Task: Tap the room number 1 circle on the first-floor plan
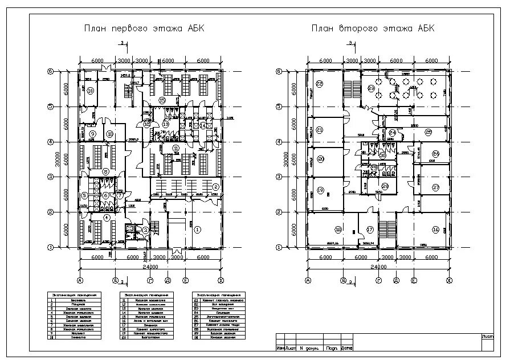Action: tap(198, 230)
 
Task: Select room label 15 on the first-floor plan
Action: tap(162, 100)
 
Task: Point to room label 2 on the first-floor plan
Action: tap(215, 187)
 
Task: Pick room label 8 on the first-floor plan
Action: tap(105, 171)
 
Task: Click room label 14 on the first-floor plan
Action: tap(203, 125)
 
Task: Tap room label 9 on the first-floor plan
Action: tap(92, 134)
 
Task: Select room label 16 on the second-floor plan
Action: tap(436, 230)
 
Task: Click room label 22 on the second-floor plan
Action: tap(320, 84)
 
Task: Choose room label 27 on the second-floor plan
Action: tap(436, 187)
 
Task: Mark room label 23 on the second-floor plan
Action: tap(371, 88)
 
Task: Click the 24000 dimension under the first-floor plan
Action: tap(150, 267)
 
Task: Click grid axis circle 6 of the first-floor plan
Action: tap(50, 71)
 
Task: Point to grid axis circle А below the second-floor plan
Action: tap(308, 280)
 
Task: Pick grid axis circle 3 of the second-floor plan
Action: tap(279, 177)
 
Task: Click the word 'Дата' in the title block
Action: tap(347, 348)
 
